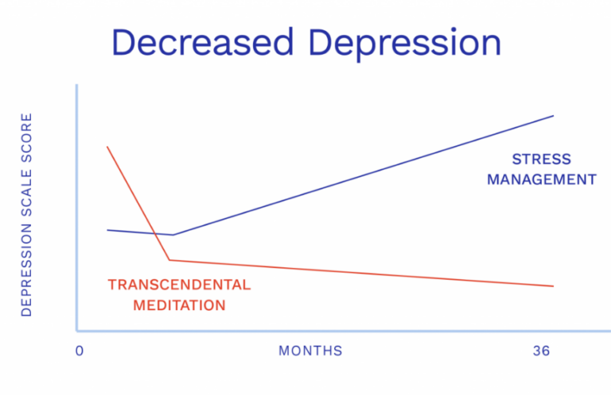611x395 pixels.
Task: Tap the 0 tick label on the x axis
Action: pyautogui.click(x=80, y=351)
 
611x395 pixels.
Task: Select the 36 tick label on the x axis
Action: pyautogui.click(x=542, y=351)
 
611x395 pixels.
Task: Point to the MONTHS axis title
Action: pyautogui.click(x=310, y=351)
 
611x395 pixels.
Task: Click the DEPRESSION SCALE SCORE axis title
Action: pyautogui.click(x=27, y=215)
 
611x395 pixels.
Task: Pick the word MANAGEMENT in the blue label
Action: pyautogui.click(x=541, y=180)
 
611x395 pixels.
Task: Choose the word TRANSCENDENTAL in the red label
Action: pyautogui.click(x=179, y=285)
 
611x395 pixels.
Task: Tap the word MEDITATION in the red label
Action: pyautogui.click(x=179, y=305)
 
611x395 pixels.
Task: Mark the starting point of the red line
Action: pyautogui.click(x=107, y=146)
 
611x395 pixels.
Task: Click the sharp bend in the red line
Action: pyautogui.click(x=169, y=260)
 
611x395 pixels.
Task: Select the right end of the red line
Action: pyautogui.click(x=553, y=286)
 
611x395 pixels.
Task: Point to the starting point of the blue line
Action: pyautogui.click(x=107, y=230)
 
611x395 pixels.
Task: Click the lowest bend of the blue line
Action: pyautogui.click(x=173, y=235)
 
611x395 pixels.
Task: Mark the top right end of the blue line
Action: pyautogui.click(x=553, y=116)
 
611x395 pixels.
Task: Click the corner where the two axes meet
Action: pyautogui.click(x=77, y=330)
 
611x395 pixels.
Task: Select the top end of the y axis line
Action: pyautogui.click(x=77, y=85)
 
